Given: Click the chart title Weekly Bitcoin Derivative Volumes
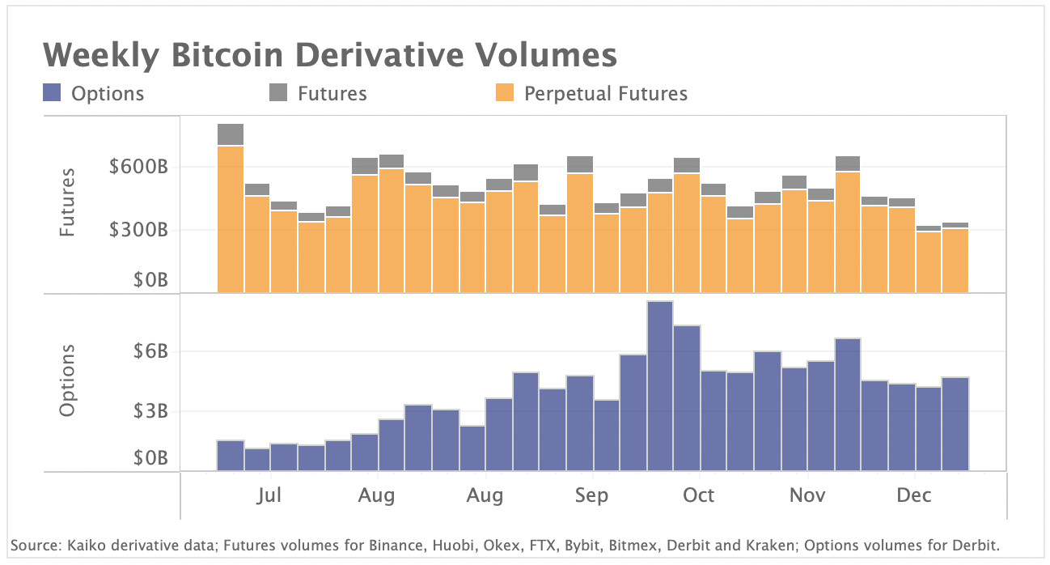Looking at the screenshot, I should [x=329, y=56].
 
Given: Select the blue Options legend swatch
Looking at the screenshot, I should [x=52, y=93].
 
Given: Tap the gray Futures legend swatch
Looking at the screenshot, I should [x=278, y=93].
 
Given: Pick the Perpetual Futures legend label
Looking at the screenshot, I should [x=605, y=94].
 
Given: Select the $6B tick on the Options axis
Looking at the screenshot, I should [x=150, y=351].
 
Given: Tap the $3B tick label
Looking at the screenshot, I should [x=150, y=411].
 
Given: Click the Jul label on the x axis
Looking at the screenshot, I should [x=269, y=495].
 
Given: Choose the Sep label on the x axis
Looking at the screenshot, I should [x=591, y=495].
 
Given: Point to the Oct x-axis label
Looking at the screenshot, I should [x=698, y=495].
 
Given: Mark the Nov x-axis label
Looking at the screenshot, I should [x=807, y=495].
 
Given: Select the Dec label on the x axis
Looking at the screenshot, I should [x=913, y=495].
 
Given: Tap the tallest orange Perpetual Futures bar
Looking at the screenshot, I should [x=231, y=219].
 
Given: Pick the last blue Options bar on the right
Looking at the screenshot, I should [x=955, y=424].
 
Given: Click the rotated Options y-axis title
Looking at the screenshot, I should [x=67, y=380].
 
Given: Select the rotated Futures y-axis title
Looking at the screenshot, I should [x=67, y=202].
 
